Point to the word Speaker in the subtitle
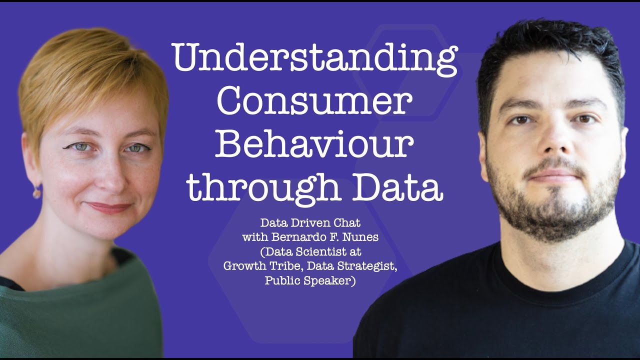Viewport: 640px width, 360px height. pyautogui.click(x=331, y=280)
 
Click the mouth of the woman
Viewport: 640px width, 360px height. pyautogui.click(x=109, y=207)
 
